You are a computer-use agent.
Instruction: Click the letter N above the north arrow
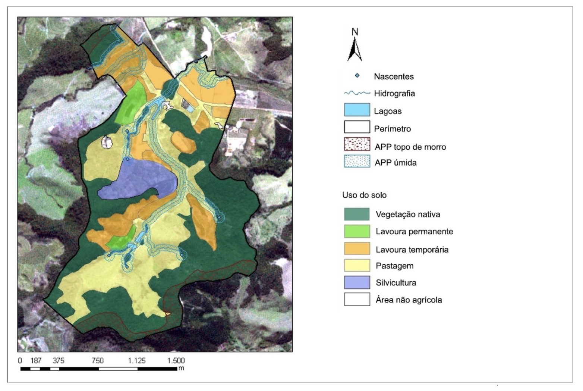coord(355,32)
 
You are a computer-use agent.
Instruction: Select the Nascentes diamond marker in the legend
coord(357,76)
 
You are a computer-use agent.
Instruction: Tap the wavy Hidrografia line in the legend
coord(357,93)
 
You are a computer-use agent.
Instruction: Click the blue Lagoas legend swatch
coord(357,110)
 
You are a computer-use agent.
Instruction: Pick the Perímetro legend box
coord(357,127)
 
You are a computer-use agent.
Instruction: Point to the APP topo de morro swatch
coord(357,145)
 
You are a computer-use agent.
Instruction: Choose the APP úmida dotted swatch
coord(357,162)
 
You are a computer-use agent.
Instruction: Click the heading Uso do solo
coord(364,195)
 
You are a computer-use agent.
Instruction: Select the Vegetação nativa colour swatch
coord(357,214)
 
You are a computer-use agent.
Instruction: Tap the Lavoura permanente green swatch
coord(357,231)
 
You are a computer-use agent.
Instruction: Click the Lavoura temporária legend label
coord(412,250)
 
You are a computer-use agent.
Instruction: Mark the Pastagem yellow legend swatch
coord(357,265)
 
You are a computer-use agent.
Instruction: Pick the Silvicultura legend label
coord(396,283)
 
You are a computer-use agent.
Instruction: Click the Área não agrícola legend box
coord(357,299)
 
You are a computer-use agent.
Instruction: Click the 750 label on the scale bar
coord(98,361)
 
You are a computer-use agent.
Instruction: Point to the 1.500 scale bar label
coord(176,361)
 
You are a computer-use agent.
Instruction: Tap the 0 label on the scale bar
coord(20,361)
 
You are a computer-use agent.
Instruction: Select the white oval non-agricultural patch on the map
coord(107,142)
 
